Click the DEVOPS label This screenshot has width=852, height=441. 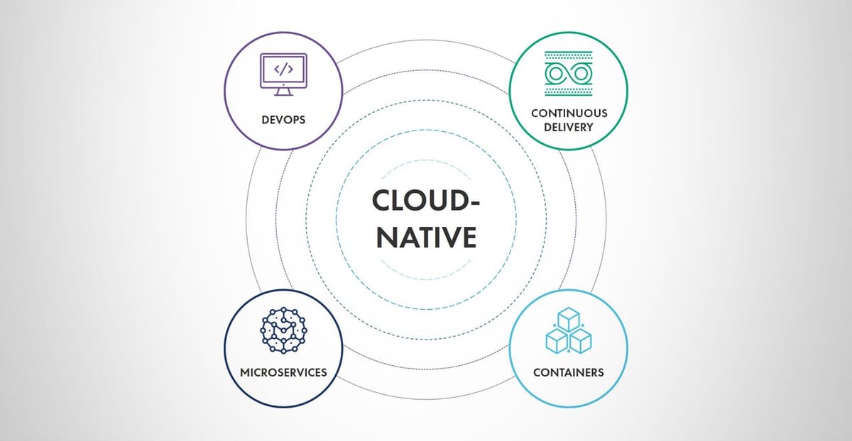point(283,119)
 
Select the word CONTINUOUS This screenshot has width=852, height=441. point(569,113)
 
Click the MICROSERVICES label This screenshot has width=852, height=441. point(283,372)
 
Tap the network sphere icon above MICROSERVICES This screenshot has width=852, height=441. point(283,329)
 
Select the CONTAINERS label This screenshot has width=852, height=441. point(569,372)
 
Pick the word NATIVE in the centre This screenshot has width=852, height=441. point(426,237)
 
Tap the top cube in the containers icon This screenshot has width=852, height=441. point(569,320)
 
